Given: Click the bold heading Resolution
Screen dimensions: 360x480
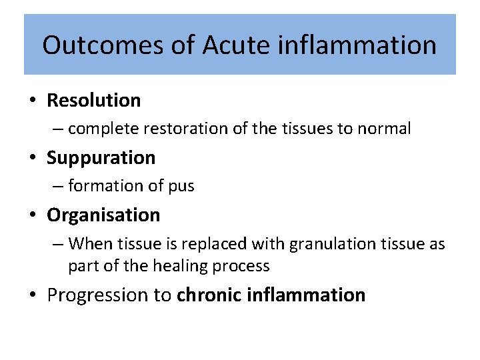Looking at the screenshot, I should click(x=94, y=101).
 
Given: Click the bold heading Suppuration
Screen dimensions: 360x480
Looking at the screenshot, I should click(x=101, y=158).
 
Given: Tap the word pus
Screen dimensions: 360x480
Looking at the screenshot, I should click(x=180, y=186).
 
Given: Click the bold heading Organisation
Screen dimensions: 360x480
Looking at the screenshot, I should click(x=103, y=215).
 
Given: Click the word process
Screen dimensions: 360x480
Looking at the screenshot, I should click(x=244, y=266).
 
